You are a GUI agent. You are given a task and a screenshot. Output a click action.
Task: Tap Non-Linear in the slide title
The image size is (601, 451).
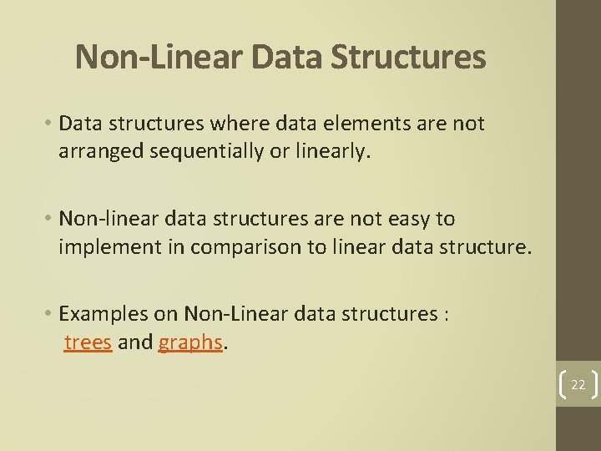(x=159, y=58)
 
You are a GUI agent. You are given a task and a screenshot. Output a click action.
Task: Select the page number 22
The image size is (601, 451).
(x=578, y=384)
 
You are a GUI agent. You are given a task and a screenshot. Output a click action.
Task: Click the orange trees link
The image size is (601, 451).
(x=88, y=342)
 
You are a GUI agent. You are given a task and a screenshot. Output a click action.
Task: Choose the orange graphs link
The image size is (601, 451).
(x=189, y=343)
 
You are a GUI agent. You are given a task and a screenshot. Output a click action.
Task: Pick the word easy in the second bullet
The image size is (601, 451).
(x=404, y=219)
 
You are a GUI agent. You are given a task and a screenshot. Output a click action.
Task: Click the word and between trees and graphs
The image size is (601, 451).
(x=135, y=342)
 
